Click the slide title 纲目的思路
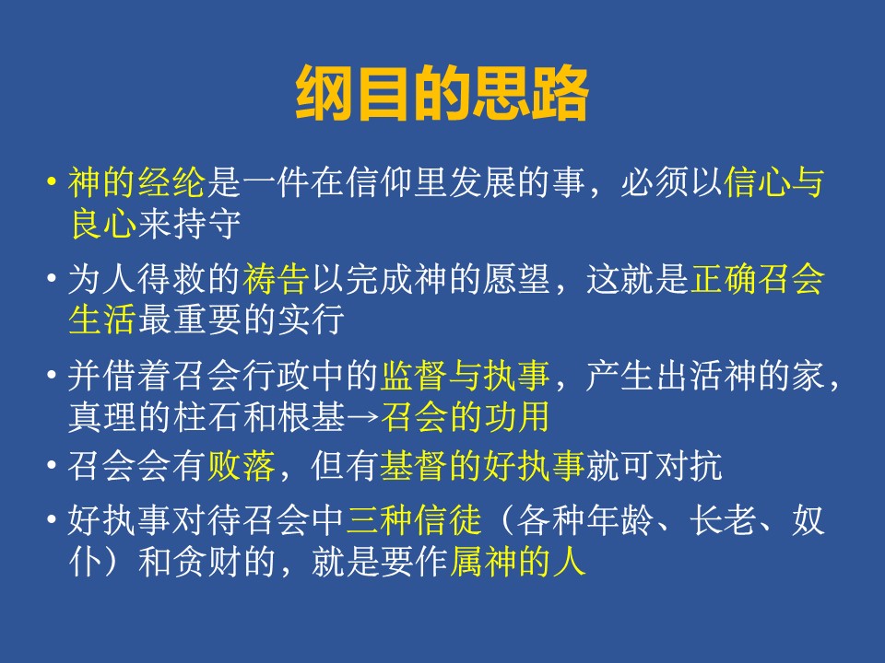(x=442, y=94)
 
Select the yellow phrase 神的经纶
(x=136, y=182)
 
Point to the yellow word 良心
(x=102, y=224)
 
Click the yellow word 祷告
(x=276, y=279)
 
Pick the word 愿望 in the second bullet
(x=516, y=279)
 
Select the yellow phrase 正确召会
(x=757, y=279)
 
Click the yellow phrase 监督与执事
(x=465, y=376)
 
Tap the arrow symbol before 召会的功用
(x=362, y=418)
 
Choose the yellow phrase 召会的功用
(x=465, y=416)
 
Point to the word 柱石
(x=207, y=416)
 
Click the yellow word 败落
(x=242, y=466)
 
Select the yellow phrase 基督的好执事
(x=482, y=466)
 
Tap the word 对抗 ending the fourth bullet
(x=689, y=466)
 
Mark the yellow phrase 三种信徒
(x=414, y=520)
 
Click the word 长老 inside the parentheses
(x=723, y=520)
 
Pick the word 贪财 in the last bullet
(x=207, y=562)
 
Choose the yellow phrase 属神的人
(x=517, y=562)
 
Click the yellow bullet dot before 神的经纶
(x=52, y=182)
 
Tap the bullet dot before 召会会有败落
(x=52, y=466)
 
